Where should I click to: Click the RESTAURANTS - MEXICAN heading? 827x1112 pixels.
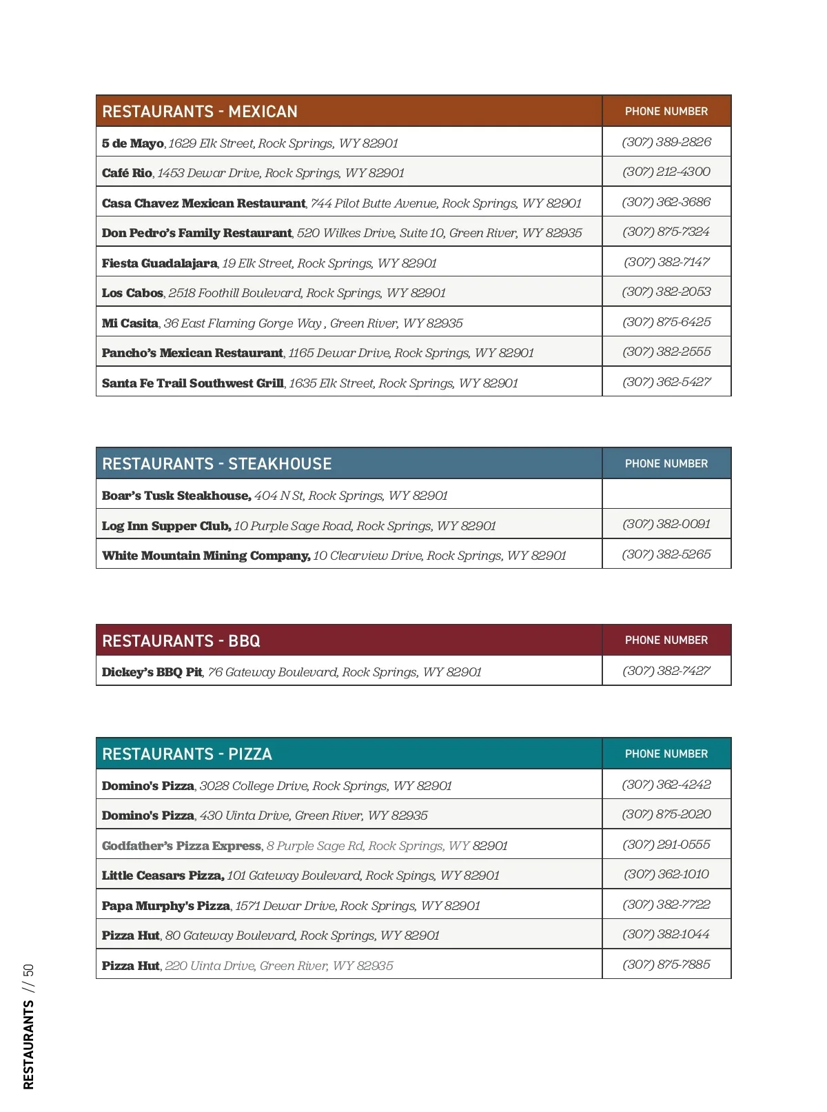click(x=200, y=112)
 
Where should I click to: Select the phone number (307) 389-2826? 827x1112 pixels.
click(x=666, y=142)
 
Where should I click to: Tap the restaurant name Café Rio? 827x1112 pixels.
click(x=127, y=173)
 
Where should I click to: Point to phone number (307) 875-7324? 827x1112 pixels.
click(x=666, y=232)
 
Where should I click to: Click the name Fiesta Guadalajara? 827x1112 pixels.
click(x=159, y=263)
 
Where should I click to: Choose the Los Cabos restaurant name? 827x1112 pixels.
click(x=132, y=293)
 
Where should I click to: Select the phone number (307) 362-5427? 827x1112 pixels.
click(x=666, y=382)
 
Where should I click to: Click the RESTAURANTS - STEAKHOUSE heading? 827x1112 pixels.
click(x=217, y=464)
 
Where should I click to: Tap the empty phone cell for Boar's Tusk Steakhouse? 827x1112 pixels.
click(x=666, y=494)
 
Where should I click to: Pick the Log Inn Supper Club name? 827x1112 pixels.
click(x=166, y=526)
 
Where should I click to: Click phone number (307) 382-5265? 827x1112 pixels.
click(x=666, y=554)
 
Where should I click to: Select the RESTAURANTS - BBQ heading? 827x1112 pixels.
click(x=181, y=641)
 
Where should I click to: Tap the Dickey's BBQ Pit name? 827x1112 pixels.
click(x=152, y=672)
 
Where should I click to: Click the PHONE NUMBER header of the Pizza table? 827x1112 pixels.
click(x=666, y=754)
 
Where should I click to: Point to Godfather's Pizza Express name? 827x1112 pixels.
click(x=181, y=846)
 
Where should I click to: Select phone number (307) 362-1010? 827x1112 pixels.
click(x=666, y=874)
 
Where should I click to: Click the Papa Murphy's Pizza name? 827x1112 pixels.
click(x=166, y=906)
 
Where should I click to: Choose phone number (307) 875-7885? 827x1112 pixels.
click(x=666, y=964)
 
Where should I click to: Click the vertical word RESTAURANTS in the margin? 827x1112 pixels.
click(x=28, y=1045)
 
